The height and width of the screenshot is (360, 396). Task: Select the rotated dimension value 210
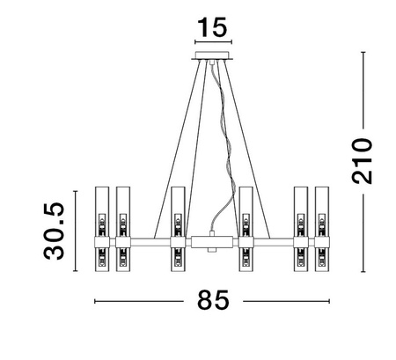(361, 160)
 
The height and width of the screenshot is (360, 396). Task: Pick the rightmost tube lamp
(322, 231)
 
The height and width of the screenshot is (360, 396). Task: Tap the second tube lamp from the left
(122, 231)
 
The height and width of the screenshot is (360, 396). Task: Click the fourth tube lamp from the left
(246, 231)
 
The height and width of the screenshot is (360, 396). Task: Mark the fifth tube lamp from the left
(301, 231)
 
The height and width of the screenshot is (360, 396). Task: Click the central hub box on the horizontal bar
(211, 239)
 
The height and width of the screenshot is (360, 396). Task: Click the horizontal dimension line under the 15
(211, 41)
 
